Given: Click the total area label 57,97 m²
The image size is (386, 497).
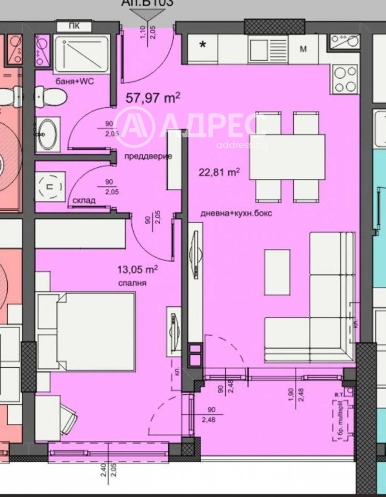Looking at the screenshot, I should tap(152, 98).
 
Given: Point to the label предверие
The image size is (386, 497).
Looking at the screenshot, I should tap(148, 157).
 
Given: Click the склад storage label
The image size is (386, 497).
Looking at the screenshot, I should tap(84, 200).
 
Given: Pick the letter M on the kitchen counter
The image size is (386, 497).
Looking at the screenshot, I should tap(303, 49).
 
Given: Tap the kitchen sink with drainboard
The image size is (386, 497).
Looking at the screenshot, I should tap(268, 48).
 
